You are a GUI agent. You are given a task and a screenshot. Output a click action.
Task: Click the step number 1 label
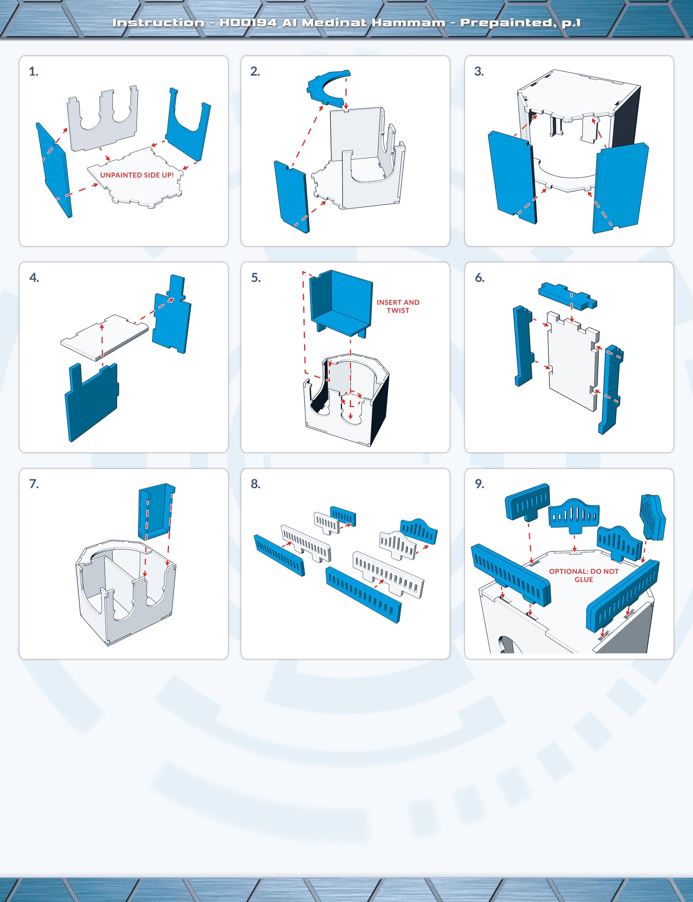[33, 72]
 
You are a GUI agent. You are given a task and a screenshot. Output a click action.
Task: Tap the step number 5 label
[256, 278]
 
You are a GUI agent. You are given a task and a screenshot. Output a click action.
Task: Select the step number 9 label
[479, 484]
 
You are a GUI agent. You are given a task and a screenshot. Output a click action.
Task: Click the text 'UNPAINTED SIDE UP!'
[137, 175]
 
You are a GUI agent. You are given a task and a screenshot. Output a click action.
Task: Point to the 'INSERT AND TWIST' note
[398, 306]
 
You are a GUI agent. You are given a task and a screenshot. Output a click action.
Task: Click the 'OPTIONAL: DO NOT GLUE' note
[584, 575]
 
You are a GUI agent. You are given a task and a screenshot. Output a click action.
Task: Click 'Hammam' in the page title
[408, 22]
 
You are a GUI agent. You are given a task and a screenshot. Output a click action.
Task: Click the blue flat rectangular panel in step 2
[291, 197]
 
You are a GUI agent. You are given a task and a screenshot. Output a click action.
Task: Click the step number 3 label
[479, 72]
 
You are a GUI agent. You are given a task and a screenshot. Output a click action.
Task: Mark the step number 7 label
[34, 484]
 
